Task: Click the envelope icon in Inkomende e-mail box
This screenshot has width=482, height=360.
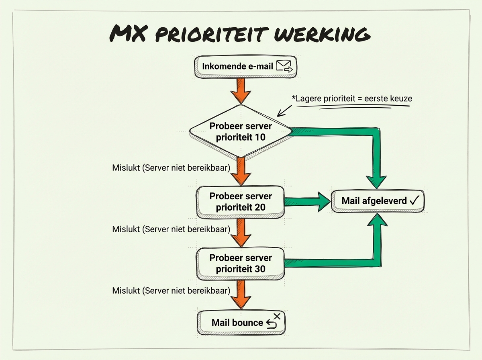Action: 286,66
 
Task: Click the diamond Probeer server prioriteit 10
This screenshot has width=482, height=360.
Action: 240,131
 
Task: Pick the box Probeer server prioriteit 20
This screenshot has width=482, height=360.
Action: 240,202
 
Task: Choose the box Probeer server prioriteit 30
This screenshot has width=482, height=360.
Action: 240,263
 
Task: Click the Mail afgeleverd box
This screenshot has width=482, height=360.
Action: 378,200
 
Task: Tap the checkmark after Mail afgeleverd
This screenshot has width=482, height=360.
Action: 414,200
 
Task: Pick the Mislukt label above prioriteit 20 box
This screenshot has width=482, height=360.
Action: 171,168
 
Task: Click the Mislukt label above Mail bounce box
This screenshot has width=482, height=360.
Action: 171,290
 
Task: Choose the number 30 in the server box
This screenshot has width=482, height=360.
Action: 259,269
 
